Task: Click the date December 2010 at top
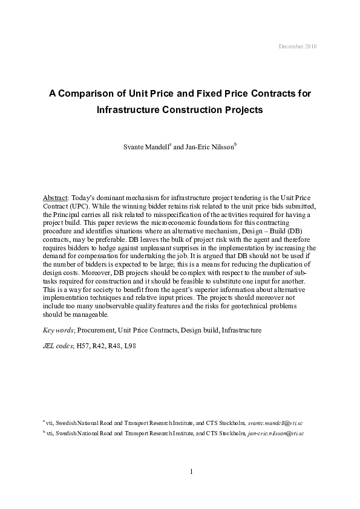click(x=297, y=46)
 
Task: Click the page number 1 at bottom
click(x=191, y=472)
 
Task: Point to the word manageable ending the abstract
click(x=91, y=315)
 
